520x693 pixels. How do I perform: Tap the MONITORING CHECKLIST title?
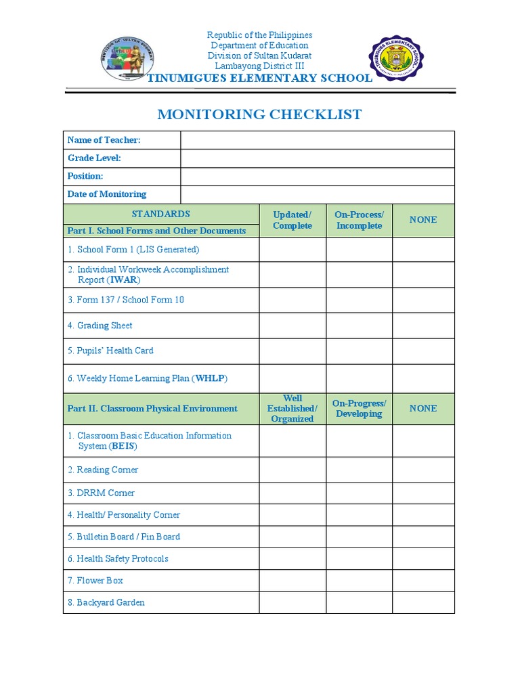pyautogui.click(x=259, y=114)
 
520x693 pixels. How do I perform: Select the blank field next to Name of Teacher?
pyautogui.click(x=317, y=140)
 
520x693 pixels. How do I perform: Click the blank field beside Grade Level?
pyautogui.click(x=317, y=158)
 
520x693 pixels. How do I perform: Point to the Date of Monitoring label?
pyautogui.click(x=107, y=194)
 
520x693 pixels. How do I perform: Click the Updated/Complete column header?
pyautogui.click(x=292, y=220)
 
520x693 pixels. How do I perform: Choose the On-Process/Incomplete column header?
pyautogui.click(x=359, y=220)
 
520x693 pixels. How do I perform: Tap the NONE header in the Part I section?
pyautogui.click(x=423, y=220)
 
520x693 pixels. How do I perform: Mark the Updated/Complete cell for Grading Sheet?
pyautogui.click(x=292, y=326)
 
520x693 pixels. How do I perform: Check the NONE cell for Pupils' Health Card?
pyautogui.click(x=423, y=351)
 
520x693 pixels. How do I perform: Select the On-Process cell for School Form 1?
pyautogui.click(x=359, y=250)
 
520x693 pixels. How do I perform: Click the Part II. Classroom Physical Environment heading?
pyautogui.click(x=152, y=409)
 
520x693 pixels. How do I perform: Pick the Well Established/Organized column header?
pyautogui.click(x=292, y=409)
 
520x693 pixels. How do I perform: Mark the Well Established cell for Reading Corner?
pyautogui.click(x=292, y=470)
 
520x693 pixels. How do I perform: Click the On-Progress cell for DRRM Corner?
pyautogui.click(x=359, y=493)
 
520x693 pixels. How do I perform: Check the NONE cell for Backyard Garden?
pyautogui.click(x=423, y=602)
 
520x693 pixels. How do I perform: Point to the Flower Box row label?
pyautogui.click(x=100, y=581)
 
